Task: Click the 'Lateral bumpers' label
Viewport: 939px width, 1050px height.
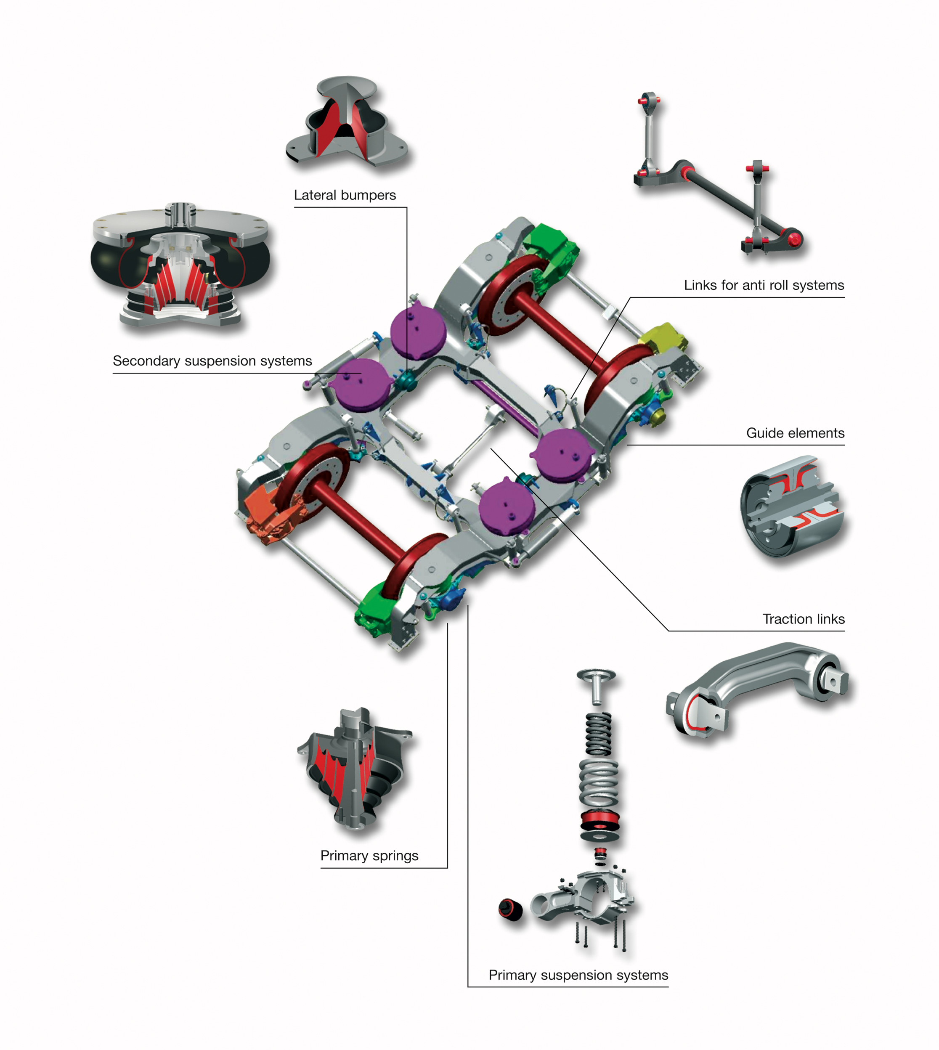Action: tap(345, 195)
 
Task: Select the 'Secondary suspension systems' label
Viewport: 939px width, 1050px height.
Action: tap(212, 361)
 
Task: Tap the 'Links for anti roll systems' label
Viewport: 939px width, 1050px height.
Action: tap(764, 285)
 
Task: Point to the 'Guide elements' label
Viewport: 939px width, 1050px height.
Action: tap(795, 433)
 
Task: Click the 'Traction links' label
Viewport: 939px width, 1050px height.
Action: tap(803, 619)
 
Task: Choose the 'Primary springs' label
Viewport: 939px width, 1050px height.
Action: tap(369, 856)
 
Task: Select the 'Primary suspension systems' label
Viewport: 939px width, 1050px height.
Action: tap(578, 975)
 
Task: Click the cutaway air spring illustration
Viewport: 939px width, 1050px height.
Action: tap(180, 266)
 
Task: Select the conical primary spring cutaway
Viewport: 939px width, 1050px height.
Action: tap(356, 769)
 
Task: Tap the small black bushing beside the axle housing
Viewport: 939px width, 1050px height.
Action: tap(510, 909)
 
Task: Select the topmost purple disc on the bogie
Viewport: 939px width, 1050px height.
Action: tap(418, 330)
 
